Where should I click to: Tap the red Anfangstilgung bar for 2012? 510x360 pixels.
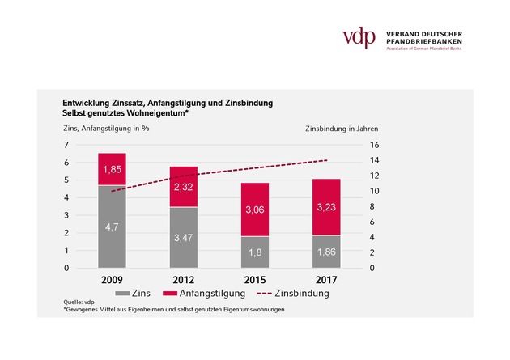coord(183,187)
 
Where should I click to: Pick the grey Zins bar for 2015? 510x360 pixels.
coord(255,252)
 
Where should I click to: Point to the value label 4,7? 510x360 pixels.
coord(112,227)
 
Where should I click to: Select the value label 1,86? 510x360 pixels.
coord(326,252)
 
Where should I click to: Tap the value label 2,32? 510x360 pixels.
coord(183,188)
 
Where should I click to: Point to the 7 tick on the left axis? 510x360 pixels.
coord(66,145)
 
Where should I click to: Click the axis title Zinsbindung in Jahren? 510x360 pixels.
coord(342,129)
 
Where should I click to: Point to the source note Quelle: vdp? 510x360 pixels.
coord(79,303)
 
